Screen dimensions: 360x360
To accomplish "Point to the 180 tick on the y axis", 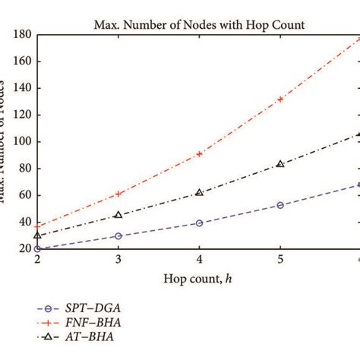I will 21,34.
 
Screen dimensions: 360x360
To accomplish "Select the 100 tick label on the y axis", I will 21,141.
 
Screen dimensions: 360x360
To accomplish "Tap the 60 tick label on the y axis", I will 23,195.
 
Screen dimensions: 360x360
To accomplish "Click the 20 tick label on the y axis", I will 23,248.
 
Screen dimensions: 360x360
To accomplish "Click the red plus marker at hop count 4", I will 199,153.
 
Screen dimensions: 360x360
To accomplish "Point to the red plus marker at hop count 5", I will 280,99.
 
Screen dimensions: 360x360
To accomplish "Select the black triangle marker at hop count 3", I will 118,215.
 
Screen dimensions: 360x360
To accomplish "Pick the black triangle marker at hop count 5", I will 280,163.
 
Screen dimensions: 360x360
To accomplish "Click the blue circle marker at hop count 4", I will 199,223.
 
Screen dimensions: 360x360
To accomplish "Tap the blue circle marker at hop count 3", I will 118,236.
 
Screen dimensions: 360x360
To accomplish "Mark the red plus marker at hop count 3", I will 118,194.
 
